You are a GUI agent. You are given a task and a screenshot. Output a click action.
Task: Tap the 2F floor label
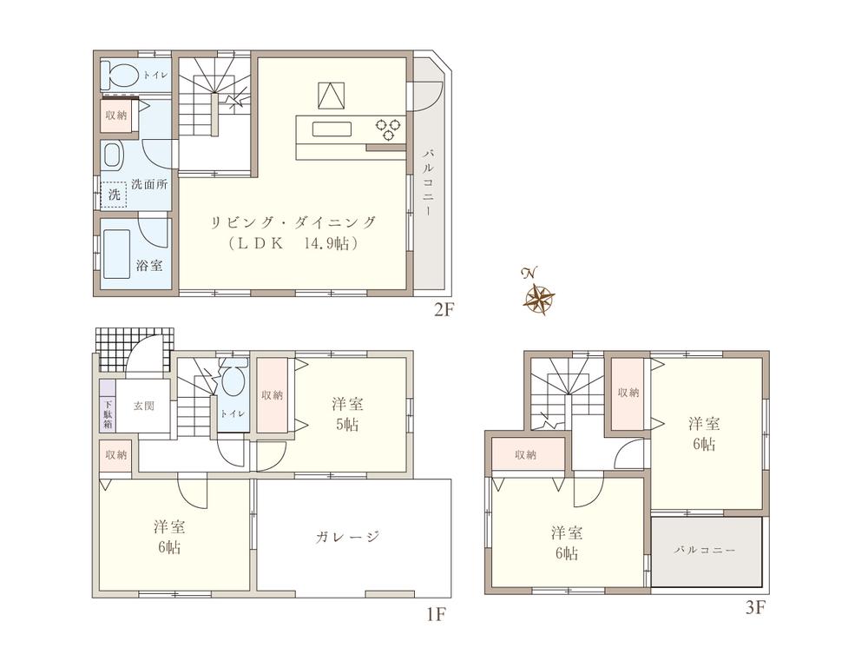[x=444, y=310]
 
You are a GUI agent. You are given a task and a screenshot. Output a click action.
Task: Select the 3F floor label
[x=755, y=608]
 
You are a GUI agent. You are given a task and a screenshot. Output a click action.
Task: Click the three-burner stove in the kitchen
[x=387, y=129]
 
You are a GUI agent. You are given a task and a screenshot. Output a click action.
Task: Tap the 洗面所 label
[x=149, y=185]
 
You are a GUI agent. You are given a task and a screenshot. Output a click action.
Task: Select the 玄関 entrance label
[x=144, y=406]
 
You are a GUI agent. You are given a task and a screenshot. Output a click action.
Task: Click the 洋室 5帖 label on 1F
[x=346, y=414]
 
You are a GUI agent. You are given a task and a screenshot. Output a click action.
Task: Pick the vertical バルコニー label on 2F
[x=428, y=183]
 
